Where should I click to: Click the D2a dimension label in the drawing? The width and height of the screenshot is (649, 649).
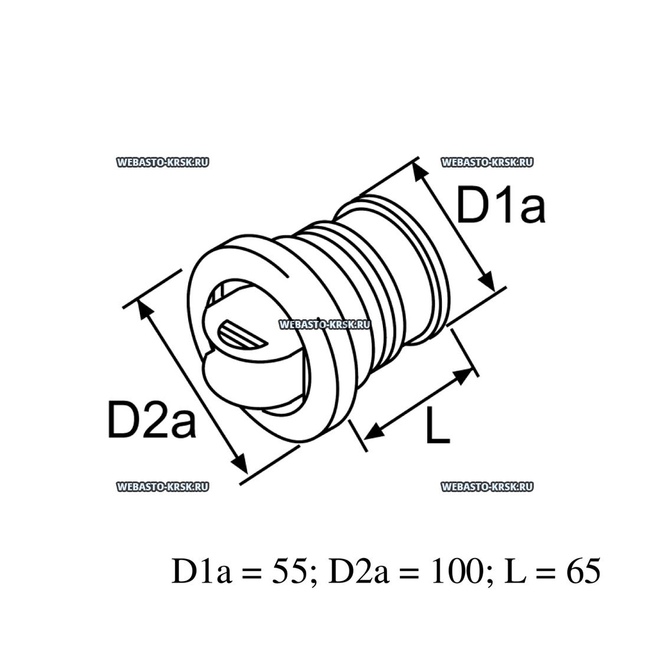pos(152,420)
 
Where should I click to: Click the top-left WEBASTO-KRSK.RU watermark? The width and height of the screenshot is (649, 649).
pos(163,163)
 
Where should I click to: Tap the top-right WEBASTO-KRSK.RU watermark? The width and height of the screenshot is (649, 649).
pos(487,163)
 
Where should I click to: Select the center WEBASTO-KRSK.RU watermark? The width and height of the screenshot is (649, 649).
pos(324,325)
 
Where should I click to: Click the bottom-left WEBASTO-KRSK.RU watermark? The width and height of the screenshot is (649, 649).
pos(163,487)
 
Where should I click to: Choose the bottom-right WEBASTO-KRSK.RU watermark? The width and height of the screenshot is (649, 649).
pos(487,487)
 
